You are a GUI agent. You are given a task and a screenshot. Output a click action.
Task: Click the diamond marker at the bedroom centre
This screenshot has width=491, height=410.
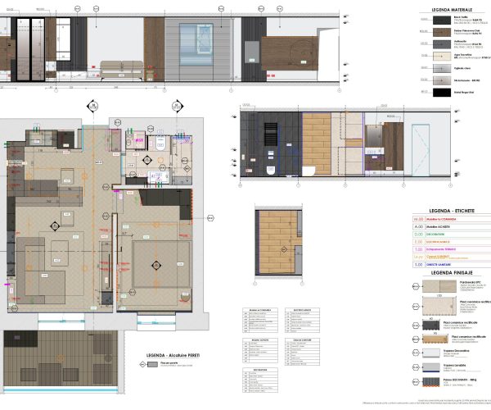tap(157, 265)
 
